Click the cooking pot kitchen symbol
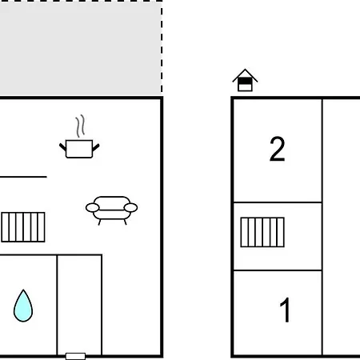tap(79, 149)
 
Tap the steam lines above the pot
tap(80, 126)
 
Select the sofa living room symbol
tap(111, 210)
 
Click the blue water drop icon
tap(23, 306)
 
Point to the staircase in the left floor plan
tap(23, 227)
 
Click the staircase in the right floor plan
tap(262, 232)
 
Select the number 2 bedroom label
tap(278, 149)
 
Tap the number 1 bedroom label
tap(286, 310)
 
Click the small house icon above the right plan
tap(245, 80)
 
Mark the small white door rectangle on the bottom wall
tap(75, 356)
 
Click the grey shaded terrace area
tap(80, 49)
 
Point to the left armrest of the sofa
tap(92, 207)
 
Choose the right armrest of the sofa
tap(130, 207)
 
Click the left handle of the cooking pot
tap(62, 147)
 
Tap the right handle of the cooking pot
tap(96, 147)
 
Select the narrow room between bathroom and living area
tap(79, 305)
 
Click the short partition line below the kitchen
tap(23, 177)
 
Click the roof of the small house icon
tap(245, 74)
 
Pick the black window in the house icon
tap(245, 81)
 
